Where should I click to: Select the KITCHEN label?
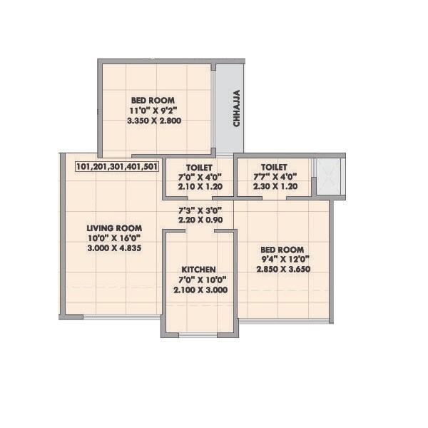198,268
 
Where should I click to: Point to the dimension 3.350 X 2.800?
154,121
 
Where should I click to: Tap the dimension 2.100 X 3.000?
199,290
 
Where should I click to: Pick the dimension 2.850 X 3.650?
283,269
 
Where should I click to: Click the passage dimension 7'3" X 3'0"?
200,210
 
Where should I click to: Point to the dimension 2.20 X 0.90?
200,220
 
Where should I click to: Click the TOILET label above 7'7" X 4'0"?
275,166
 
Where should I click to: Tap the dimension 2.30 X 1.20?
275,187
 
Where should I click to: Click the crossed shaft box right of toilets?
330,175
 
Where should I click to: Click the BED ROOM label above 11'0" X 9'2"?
153,100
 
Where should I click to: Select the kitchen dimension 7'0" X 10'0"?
199,279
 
